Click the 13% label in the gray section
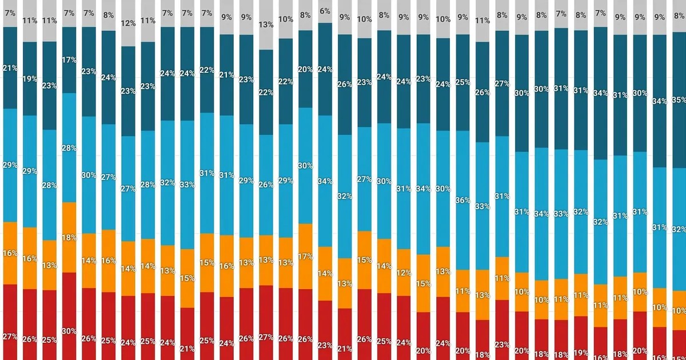pos(266,24)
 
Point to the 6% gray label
pos(325,11)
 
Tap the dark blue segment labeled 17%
pos(69,59)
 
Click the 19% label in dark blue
pos(30,79)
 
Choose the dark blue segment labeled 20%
pos(306,69)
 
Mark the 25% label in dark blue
pos(463,82)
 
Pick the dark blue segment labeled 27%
pos(502,83)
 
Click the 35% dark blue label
pos(680,99)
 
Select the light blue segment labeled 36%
pos(463,201)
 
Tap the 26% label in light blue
pos(266,185)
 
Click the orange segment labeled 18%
pos(69,237)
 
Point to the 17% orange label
pos(306,257)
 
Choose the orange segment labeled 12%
pos(404,273)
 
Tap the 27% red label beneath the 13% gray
pos(266,337)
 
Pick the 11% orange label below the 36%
pos(463,291)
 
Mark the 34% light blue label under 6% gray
pos(325,182)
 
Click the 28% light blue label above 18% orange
pos(69,148)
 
